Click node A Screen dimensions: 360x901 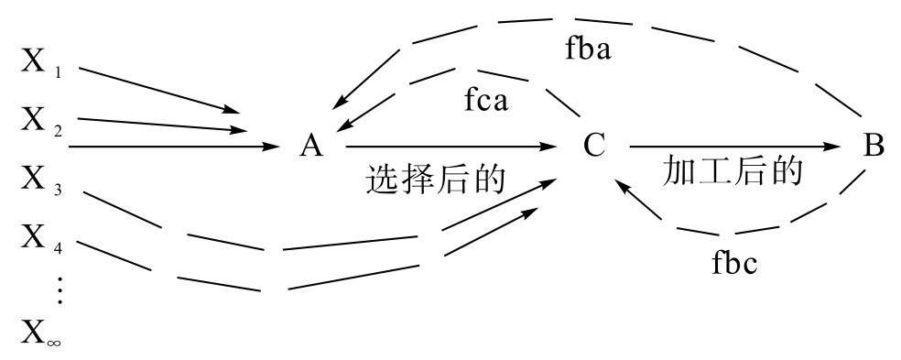coord(311,146)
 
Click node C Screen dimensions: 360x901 coord(594,146)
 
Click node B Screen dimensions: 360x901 coord(874,146)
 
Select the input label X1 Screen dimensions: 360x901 coord(40,63)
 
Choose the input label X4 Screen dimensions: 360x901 coord(40,241)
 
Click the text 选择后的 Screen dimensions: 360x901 coord(436,179)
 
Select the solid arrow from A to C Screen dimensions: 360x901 coord(449,146)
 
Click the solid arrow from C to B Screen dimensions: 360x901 coord(733,146)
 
